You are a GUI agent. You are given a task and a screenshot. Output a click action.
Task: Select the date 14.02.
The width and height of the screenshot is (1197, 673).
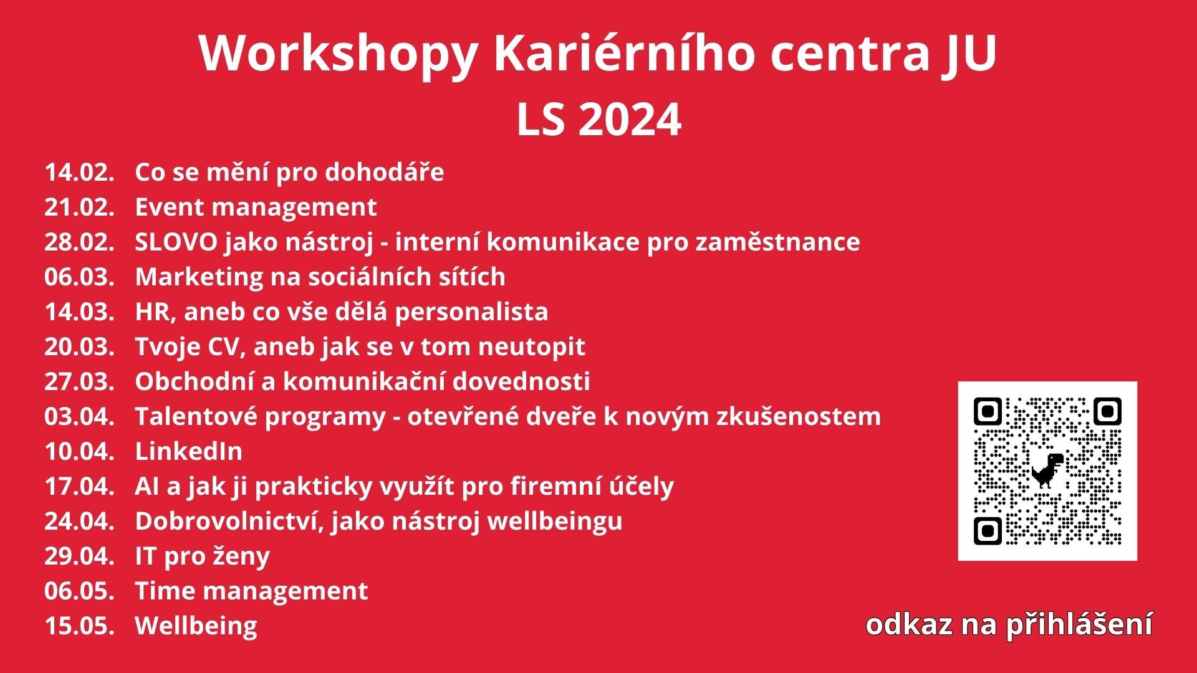click(x=80, y=173)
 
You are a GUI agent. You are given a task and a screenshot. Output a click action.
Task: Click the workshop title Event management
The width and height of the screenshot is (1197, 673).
click(x=256, y=208)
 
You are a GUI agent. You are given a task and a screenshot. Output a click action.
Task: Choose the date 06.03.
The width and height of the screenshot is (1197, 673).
click(x=80, y=277)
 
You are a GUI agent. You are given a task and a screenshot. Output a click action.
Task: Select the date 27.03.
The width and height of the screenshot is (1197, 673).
click(x=80, y=382)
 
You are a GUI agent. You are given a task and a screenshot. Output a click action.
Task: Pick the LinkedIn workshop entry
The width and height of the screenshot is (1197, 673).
click(x=189, y=451)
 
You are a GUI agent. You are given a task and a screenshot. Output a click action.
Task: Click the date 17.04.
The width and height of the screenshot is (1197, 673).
click(x=80, y=487)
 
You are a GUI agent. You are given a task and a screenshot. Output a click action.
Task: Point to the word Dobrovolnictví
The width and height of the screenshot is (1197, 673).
click(x=231, y=522)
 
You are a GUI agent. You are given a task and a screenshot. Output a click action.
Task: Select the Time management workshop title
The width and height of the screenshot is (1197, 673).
click(x=252, y=591)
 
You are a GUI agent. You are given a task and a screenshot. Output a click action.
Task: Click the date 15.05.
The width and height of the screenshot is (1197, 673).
click(x=80, y=626)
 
